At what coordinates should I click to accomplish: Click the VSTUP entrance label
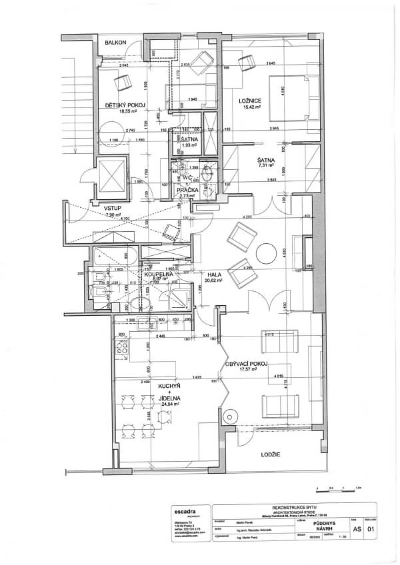click(x=112, y=209)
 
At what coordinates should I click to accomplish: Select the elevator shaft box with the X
click(x=111, y=175)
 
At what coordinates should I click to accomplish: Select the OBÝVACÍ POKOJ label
click(x=247, y=363)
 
